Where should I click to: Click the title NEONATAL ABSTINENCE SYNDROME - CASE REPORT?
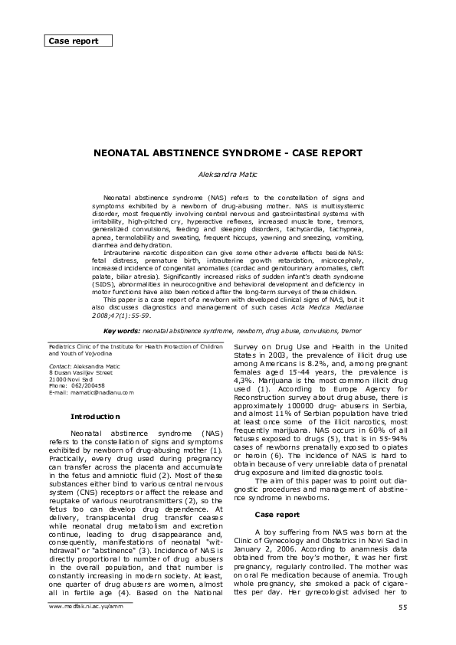click(x=228, y=153)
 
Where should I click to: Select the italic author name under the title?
click(x=228, y=175)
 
